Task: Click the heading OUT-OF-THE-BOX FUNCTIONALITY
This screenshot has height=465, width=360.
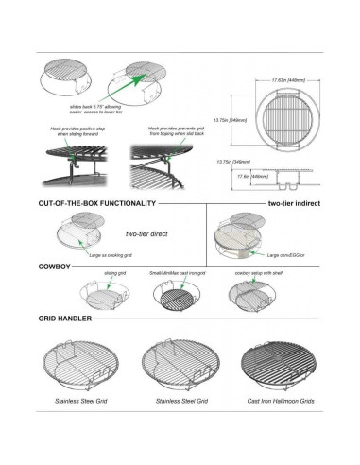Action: tap(96, 203)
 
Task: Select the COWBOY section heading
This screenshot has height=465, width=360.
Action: tap(55, 267)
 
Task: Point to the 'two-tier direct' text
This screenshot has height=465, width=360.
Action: tap(146, 232)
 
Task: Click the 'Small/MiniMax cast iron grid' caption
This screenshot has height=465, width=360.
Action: tap(179, 273)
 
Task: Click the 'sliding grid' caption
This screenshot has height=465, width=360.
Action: tap(114, 273)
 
